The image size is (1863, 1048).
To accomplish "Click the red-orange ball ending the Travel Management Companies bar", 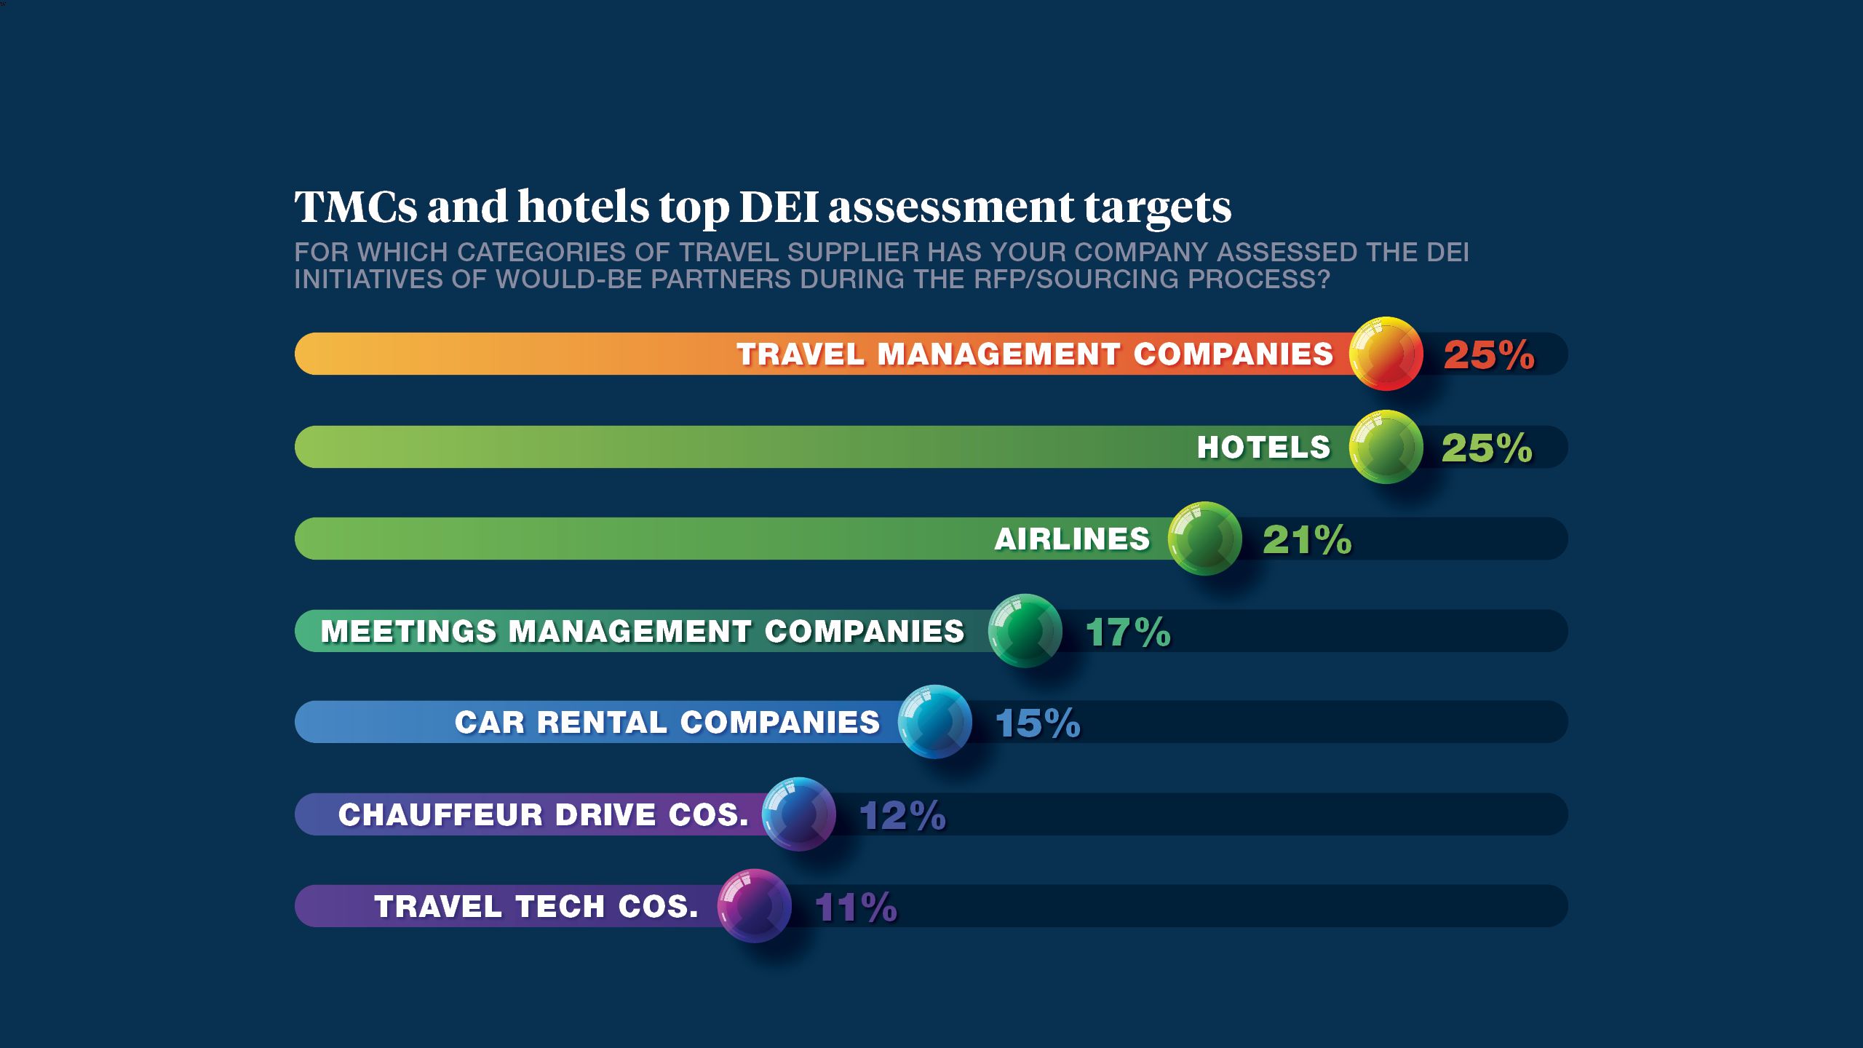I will pos(1386,354).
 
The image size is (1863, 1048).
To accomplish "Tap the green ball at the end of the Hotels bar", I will pos(1386,447).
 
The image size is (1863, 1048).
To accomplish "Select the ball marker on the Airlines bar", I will pos(1204,539).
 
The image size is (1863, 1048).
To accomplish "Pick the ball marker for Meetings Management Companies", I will pos(1025,630).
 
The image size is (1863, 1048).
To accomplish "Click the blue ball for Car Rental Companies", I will pos(935,722).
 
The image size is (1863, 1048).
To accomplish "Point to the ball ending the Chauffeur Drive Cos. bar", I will pos(798,814).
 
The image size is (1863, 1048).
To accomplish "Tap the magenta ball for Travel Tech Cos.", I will pos(754,906).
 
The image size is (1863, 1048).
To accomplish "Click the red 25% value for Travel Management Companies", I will pos(1489,355).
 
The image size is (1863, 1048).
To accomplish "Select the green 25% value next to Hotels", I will pos(1487,448).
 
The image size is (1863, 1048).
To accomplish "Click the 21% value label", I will pos(1307,540).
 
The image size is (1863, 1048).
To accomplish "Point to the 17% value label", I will pos(1128,632).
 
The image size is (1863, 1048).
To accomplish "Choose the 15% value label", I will pos(1037,723).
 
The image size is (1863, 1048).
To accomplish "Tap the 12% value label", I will pos(902,815).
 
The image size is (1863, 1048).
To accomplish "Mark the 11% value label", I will pos(857,908).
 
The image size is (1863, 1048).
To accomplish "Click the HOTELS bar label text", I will pos(1263,448).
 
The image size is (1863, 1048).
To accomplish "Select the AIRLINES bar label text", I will pos(1072,539).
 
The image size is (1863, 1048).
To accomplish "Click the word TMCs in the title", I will pos(356,207).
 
